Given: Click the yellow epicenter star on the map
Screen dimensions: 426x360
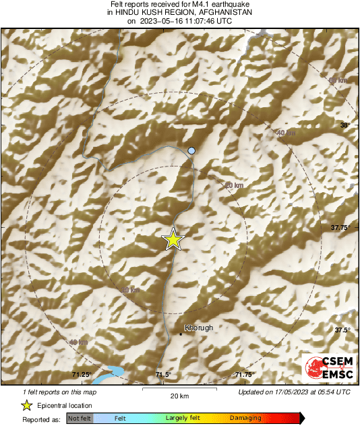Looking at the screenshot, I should [x=173, y=239].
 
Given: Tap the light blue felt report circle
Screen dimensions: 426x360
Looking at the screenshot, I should [x=191, y=151].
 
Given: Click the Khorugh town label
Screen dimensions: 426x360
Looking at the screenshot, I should [x=198, y=328].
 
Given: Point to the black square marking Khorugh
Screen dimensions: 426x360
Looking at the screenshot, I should [x=181, y=333].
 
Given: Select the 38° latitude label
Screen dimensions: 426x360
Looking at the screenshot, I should [x=346, y=125].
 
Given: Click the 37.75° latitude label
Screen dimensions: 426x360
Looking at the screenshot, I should [x=341, y=228].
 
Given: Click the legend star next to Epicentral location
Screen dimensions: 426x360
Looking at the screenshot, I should [x=27, y=405].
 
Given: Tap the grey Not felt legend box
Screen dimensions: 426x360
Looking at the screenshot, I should [x=79, y=419].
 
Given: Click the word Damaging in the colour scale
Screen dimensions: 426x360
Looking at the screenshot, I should [x=245, y=419].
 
